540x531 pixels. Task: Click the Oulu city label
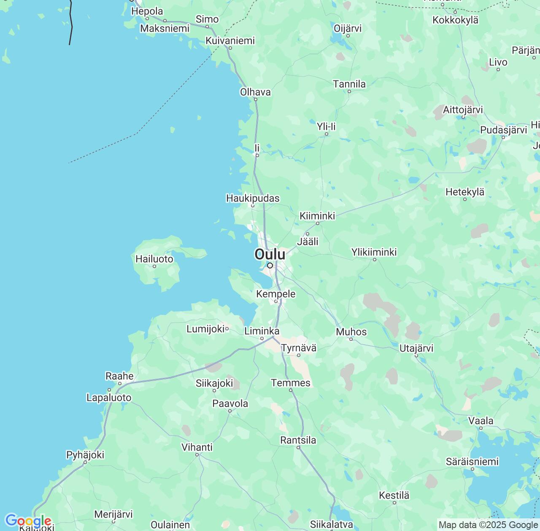point(270,254)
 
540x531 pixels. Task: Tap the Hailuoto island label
point(154,259)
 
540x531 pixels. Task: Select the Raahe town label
point(119,376)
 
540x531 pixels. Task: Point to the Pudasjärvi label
point(503,130)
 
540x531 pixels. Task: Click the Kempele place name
point(276,294)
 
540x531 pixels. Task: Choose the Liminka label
point(262,331)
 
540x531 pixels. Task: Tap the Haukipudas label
point(253,198)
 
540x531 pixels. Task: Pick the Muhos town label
point(351,332)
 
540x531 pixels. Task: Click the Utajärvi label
point(416,348)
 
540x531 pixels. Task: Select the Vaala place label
point(481,421)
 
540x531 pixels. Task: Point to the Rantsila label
point(298,440)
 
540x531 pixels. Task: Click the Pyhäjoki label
point(85,455)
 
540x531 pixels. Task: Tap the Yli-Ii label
point(326,126)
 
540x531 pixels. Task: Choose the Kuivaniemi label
point(230,40)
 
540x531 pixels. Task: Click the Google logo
point(28,521)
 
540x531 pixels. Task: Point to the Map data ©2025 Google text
point(488,525)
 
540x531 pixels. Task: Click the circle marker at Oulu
point(270,265)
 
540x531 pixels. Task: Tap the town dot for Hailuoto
point(154,266)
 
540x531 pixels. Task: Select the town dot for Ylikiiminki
point(374,260)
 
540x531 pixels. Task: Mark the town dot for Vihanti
point(197,455)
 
